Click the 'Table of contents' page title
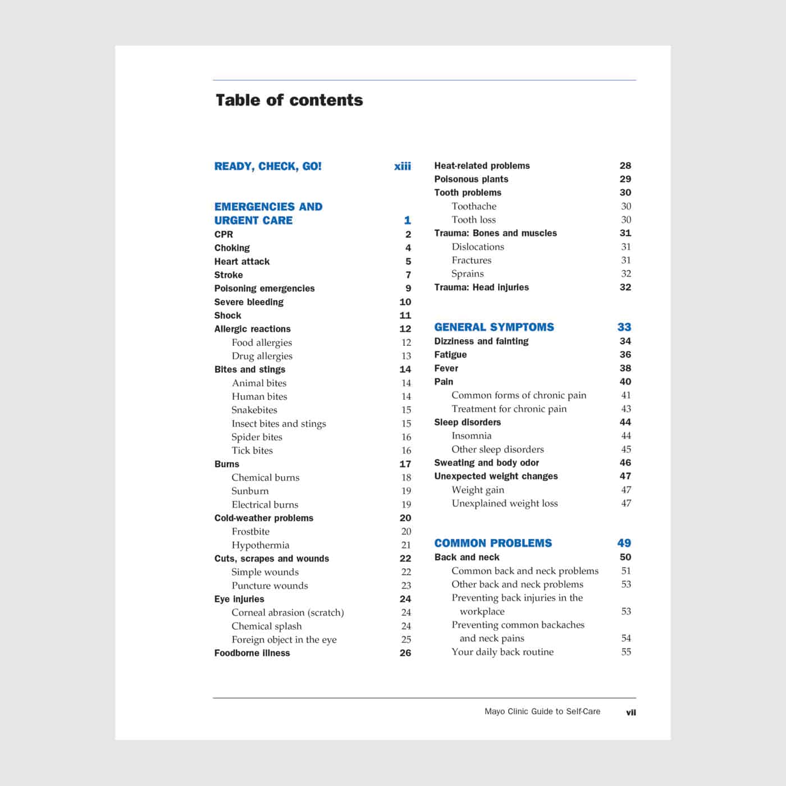[x=289, y=100]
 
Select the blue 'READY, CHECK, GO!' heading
[x=268, y=166]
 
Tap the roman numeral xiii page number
[x=403, y=166]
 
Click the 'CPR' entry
[x=223, y=234]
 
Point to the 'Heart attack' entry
[x=242, y=261]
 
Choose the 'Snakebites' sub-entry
[x=254, y=410]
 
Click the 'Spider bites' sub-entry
[x=257, y=437]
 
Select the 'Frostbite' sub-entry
[x=250, y=531]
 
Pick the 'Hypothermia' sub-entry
[x=261, y=545]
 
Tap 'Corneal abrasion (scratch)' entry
[x=287, y=613]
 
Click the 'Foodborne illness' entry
[x=252, y=653]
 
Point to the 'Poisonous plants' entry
[x=471, y=179]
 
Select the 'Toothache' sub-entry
[x=474, y=206]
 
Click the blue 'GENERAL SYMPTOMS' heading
[x=494, y=327]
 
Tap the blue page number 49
[x=624, y=543]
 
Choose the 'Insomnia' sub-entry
[x=471, y=436]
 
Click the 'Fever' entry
[x=446, y=368]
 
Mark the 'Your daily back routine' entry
[x=502, y=652]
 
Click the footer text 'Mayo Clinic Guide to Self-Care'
[x=542, y=711]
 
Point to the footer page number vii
[x=631, y=712]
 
